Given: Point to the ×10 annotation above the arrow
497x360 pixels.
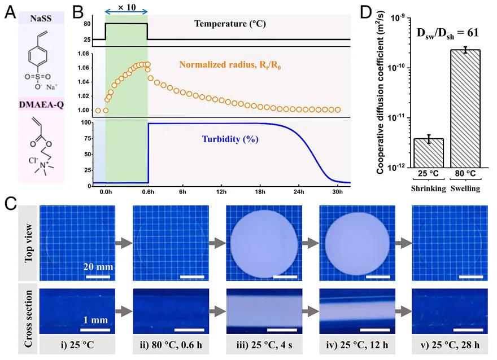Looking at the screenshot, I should (126, 6).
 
